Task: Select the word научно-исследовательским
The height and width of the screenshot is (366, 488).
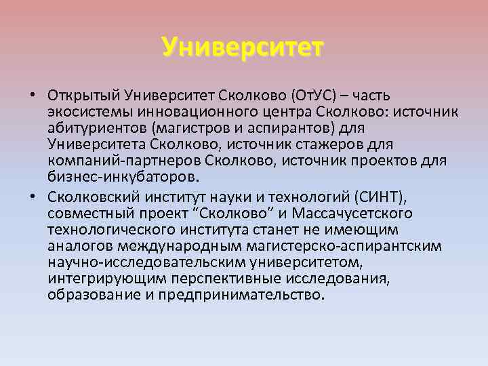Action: tap(144, 263)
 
